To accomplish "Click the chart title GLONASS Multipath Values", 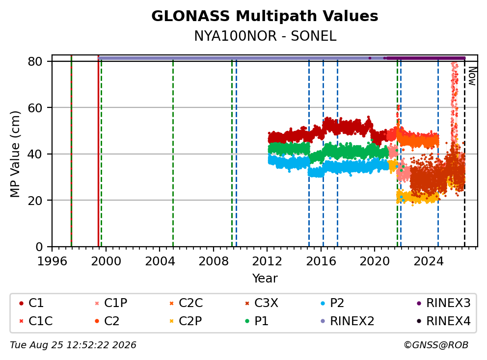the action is (265, 16).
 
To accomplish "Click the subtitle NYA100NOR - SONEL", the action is (265, 36).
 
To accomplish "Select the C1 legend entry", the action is (31, 303).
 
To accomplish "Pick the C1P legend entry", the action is (111, 303).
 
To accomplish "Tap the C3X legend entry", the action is (262, 303).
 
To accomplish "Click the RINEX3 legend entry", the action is (443, 303).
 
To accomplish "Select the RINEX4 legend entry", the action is (443, 321).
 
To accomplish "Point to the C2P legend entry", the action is (186, 321).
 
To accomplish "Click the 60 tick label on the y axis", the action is (35, 108).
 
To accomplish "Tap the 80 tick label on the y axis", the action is (35, 62).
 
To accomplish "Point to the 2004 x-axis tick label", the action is (160, 261).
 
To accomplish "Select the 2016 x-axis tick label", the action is (321, 261).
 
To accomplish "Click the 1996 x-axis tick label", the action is (52, 261).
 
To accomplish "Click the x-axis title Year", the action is (265, 278).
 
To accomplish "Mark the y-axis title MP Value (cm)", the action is (15, 154).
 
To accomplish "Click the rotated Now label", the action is (472, 77).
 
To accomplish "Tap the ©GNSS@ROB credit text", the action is (436, 345).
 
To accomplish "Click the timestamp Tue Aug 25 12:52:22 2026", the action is (73, 345).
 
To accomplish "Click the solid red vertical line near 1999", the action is (99, 151).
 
